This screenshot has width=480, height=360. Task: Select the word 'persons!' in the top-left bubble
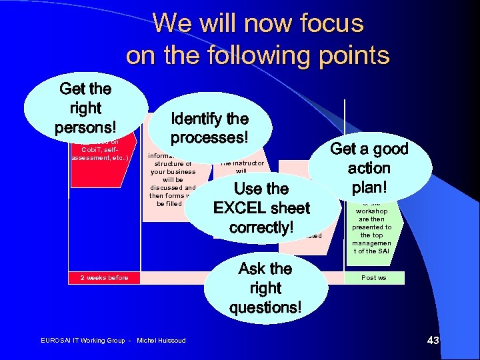[x=85, y=127]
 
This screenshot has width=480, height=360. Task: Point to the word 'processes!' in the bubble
[x=210, y=138]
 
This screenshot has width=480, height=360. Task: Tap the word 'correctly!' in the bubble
[x=261, y=227]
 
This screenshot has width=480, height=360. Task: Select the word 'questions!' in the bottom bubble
[x=265, y=307]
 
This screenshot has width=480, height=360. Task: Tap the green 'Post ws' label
[x=374, y=277]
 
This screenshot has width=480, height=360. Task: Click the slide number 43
[x=433, y=341]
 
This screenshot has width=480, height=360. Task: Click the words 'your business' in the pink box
[x=173, y=171]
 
